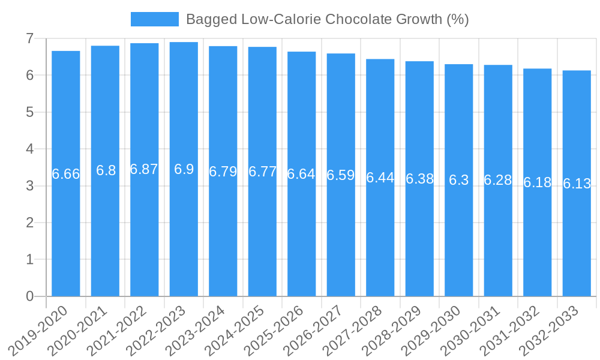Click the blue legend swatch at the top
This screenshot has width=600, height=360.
[154, 19]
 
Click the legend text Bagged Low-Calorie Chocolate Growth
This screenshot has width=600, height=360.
[327, 19]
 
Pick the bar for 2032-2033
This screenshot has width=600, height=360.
[577, 240]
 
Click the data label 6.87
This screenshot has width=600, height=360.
[144, 169]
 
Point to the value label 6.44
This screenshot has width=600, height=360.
[380, 178]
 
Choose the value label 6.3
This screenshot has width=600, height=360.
[459, 180]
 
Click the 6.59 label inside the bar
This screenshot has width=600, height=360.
[341, 175]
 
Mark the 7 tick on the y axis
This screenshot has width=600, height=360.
[29, 38]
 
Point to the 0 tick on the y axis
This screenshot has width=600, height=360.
[29, 296]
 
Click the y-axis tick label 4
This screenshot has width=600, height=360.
[29, 149]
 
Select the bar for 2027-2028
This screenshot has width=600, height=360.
[380, 240]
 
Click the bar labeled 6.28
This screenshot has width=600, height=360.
[498, 240]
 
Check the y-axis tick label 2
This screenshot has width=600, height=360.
[29, 223]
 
